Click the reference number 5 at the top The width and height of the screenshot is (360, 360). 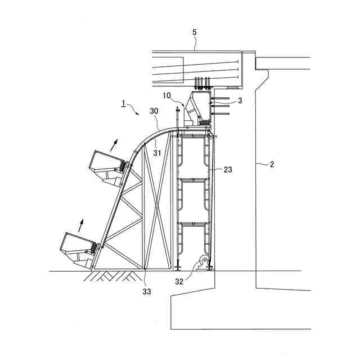coord(195,32)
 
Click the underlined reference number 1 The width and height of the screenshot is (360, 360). coord(123,104)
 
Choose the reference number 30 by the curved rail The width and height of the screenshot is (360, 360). coord(154,111)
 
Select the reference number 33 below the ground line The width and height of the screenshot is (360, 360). coord(147,291)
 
